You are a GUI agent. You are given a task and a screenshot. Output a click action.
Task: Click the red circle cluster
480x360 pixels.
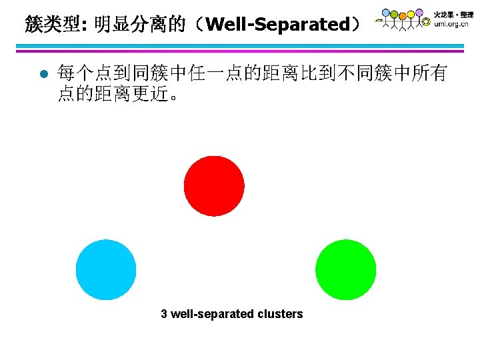coord(214,186)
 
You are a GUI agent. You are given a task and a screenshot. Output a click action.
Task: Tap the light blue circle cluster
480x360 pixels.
coord(106,269)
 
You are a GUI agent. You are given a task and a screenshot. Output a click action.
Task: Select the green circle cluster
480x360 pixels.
coord(345,269)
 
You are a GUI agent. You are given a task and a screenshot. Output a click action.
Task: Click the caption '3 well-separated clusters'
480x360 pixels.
coord(231,314)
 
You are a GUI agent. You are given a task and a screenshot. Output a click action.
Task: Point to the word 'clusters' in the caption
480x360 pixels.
coord(280,314)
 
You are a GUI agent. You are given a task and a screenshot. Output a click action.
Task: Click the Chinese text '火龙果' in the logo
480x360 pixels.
coord(444,13)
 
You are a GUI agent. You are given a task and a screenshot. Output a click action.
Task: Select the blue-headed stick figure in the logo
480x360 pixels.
coord(386,13)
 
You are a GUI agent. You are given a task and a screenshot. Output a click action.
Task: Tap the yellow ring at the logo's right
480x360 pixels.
coord(426,21)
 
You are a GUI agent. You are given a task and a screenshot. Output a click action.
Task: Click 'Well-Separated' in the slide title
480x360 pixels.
coord(278,25)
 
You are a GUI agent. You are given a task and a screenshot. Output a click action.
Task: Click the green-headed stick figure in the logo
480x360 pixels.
coord(395,14)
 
